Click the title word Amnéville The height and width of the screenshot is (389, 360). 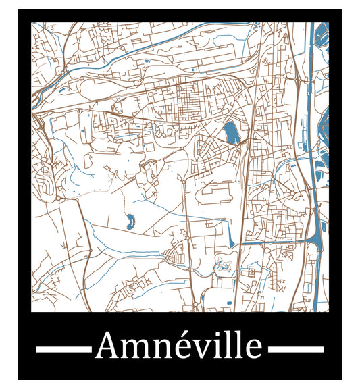pos(179,346)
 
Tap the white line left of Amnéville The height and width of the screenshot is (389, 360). pos(63,349)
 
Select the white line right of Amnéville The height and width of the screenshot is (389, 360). pos(295,349)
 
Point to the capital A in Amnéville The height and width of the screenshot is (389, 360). pos(108,346)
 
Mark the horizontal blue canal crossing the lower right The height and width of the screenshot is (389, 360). pos(277,240)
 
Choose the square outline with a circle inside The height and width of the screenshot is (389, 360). pos(251,272)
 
